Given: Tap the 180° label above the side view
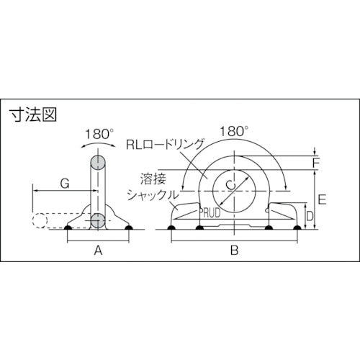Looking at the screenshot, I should [x=99, y=134].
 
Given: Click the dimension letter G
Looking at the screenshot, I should [x=63, y=184].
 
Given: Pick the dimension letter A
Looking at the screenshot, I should [x=98, y=251].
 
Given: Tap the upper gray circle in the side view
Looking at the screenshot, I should [x=97, y=161].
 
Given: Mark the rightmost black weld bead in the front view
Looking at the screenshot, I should [x=294, y=229].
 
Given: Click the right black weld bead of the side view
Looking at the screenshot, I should [x=129, y=229].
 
